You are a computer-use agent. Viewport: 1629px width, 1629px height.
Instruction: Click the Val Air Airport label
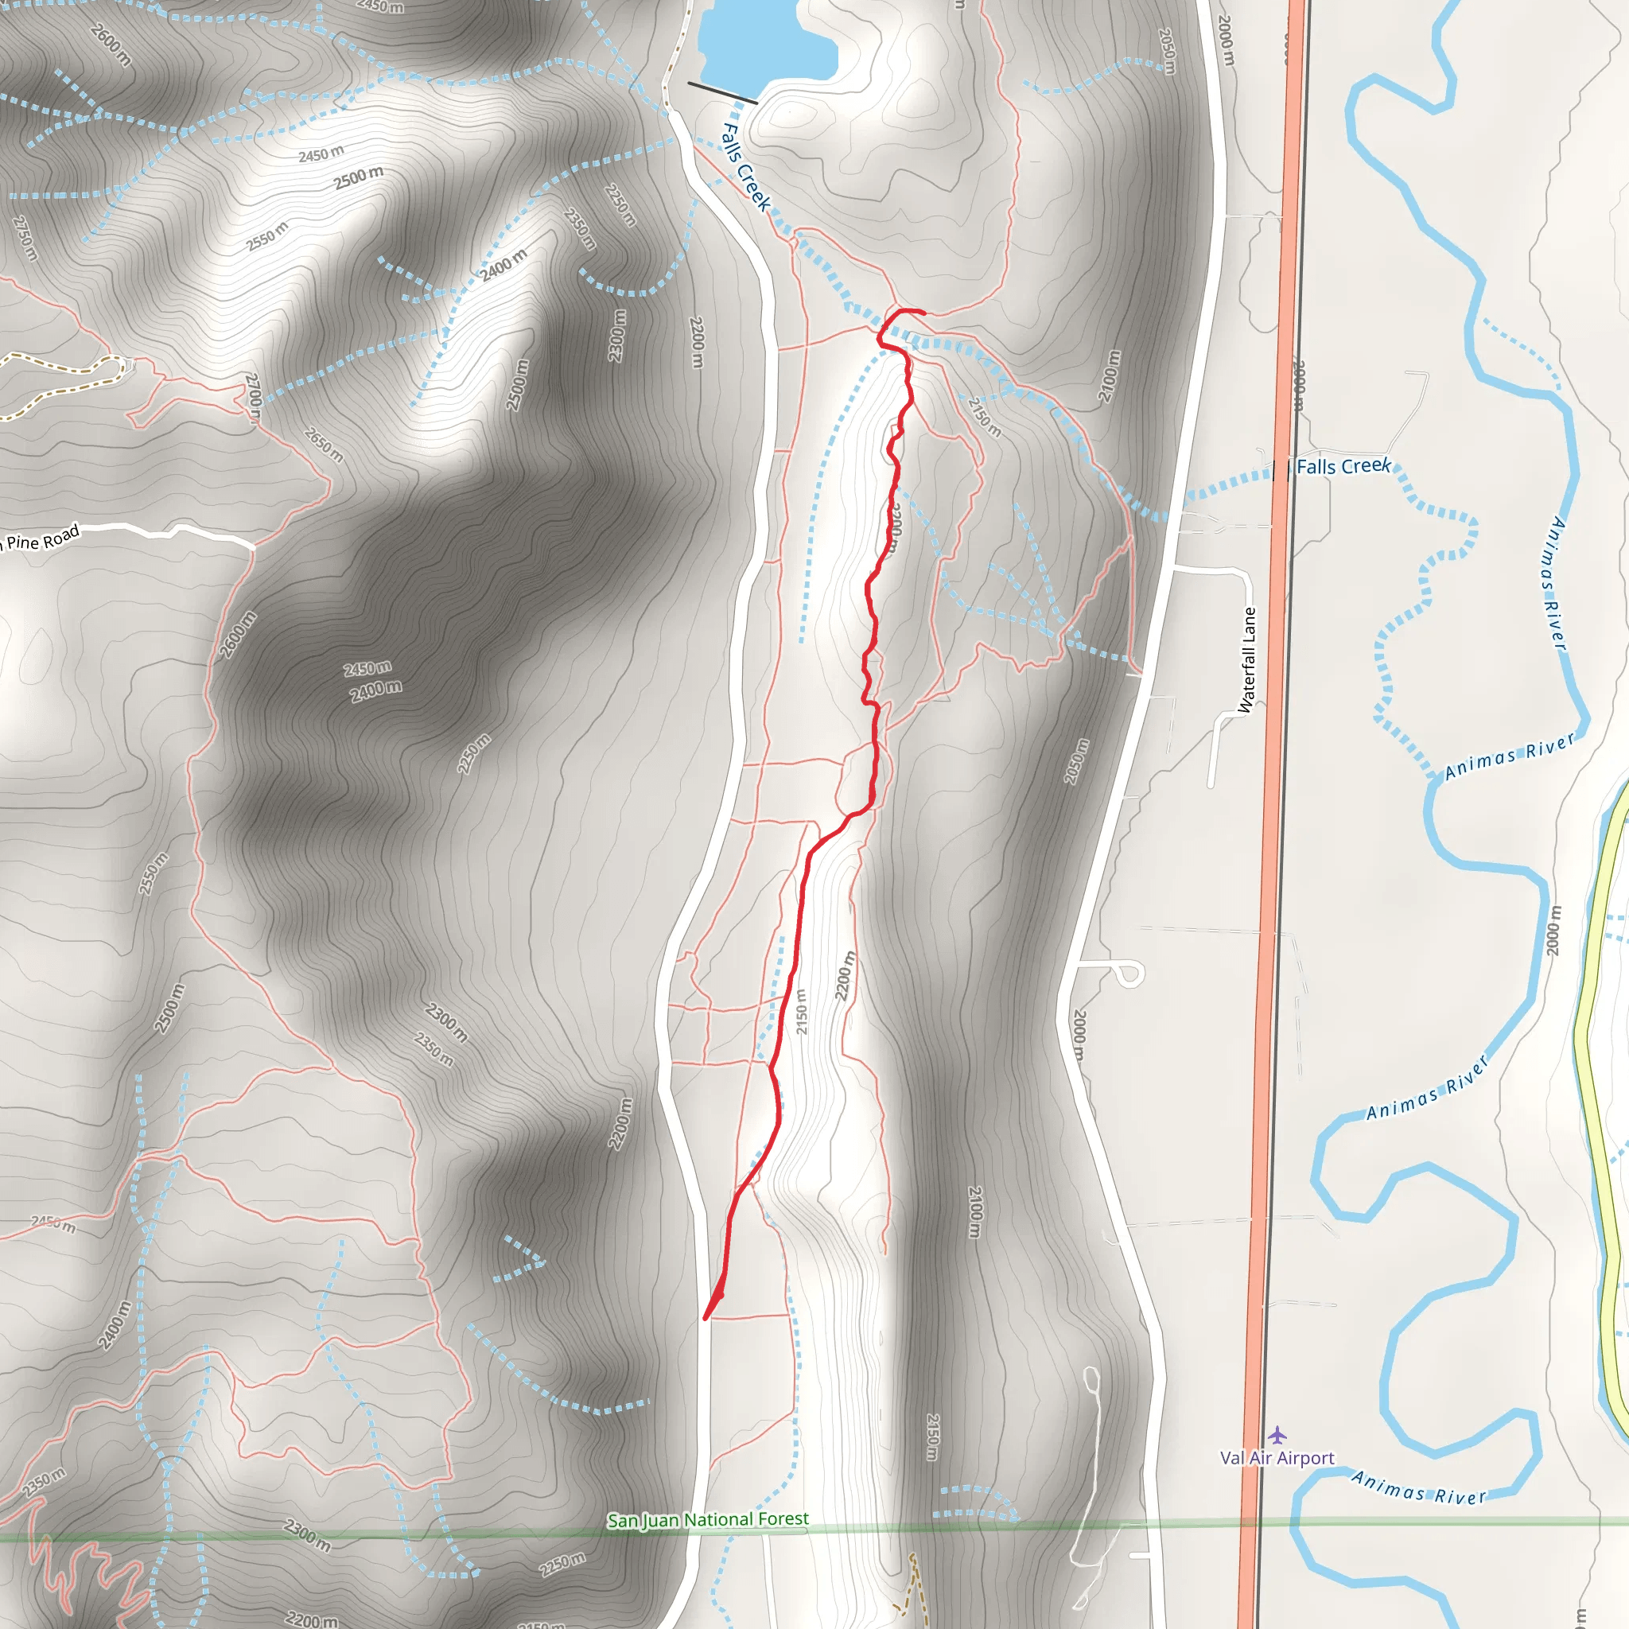tap(1277, 1458)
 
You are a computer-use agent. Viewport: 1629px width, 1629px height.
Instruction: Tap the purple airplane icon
tap(1277, 1434)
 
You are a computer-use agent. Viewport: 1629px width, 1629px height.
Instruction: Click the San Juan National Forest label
tap(707, 1519)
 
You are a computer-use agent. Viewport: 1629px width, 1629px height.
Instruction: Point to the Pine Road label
tap(42, 538)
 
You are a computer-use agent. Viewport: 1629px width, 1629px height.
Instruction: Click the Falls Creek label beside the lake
tap(746, 167)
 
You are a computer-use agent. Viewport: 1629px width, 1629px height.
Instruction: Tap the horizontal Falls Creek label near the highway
tap(1343, 466)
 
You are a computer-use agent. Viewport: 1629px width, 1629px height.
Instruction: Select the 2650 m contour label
tap(324, 445)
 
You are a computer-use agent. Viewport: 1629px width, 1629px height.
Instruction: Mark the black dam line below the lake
tap(721, 93)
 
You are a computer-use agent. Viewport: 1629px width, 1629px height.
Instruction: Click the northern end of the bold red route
tap(923, 313)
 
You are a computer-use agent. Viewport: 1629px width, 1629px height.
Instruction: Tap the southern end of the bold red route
tap(706, 1318)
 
